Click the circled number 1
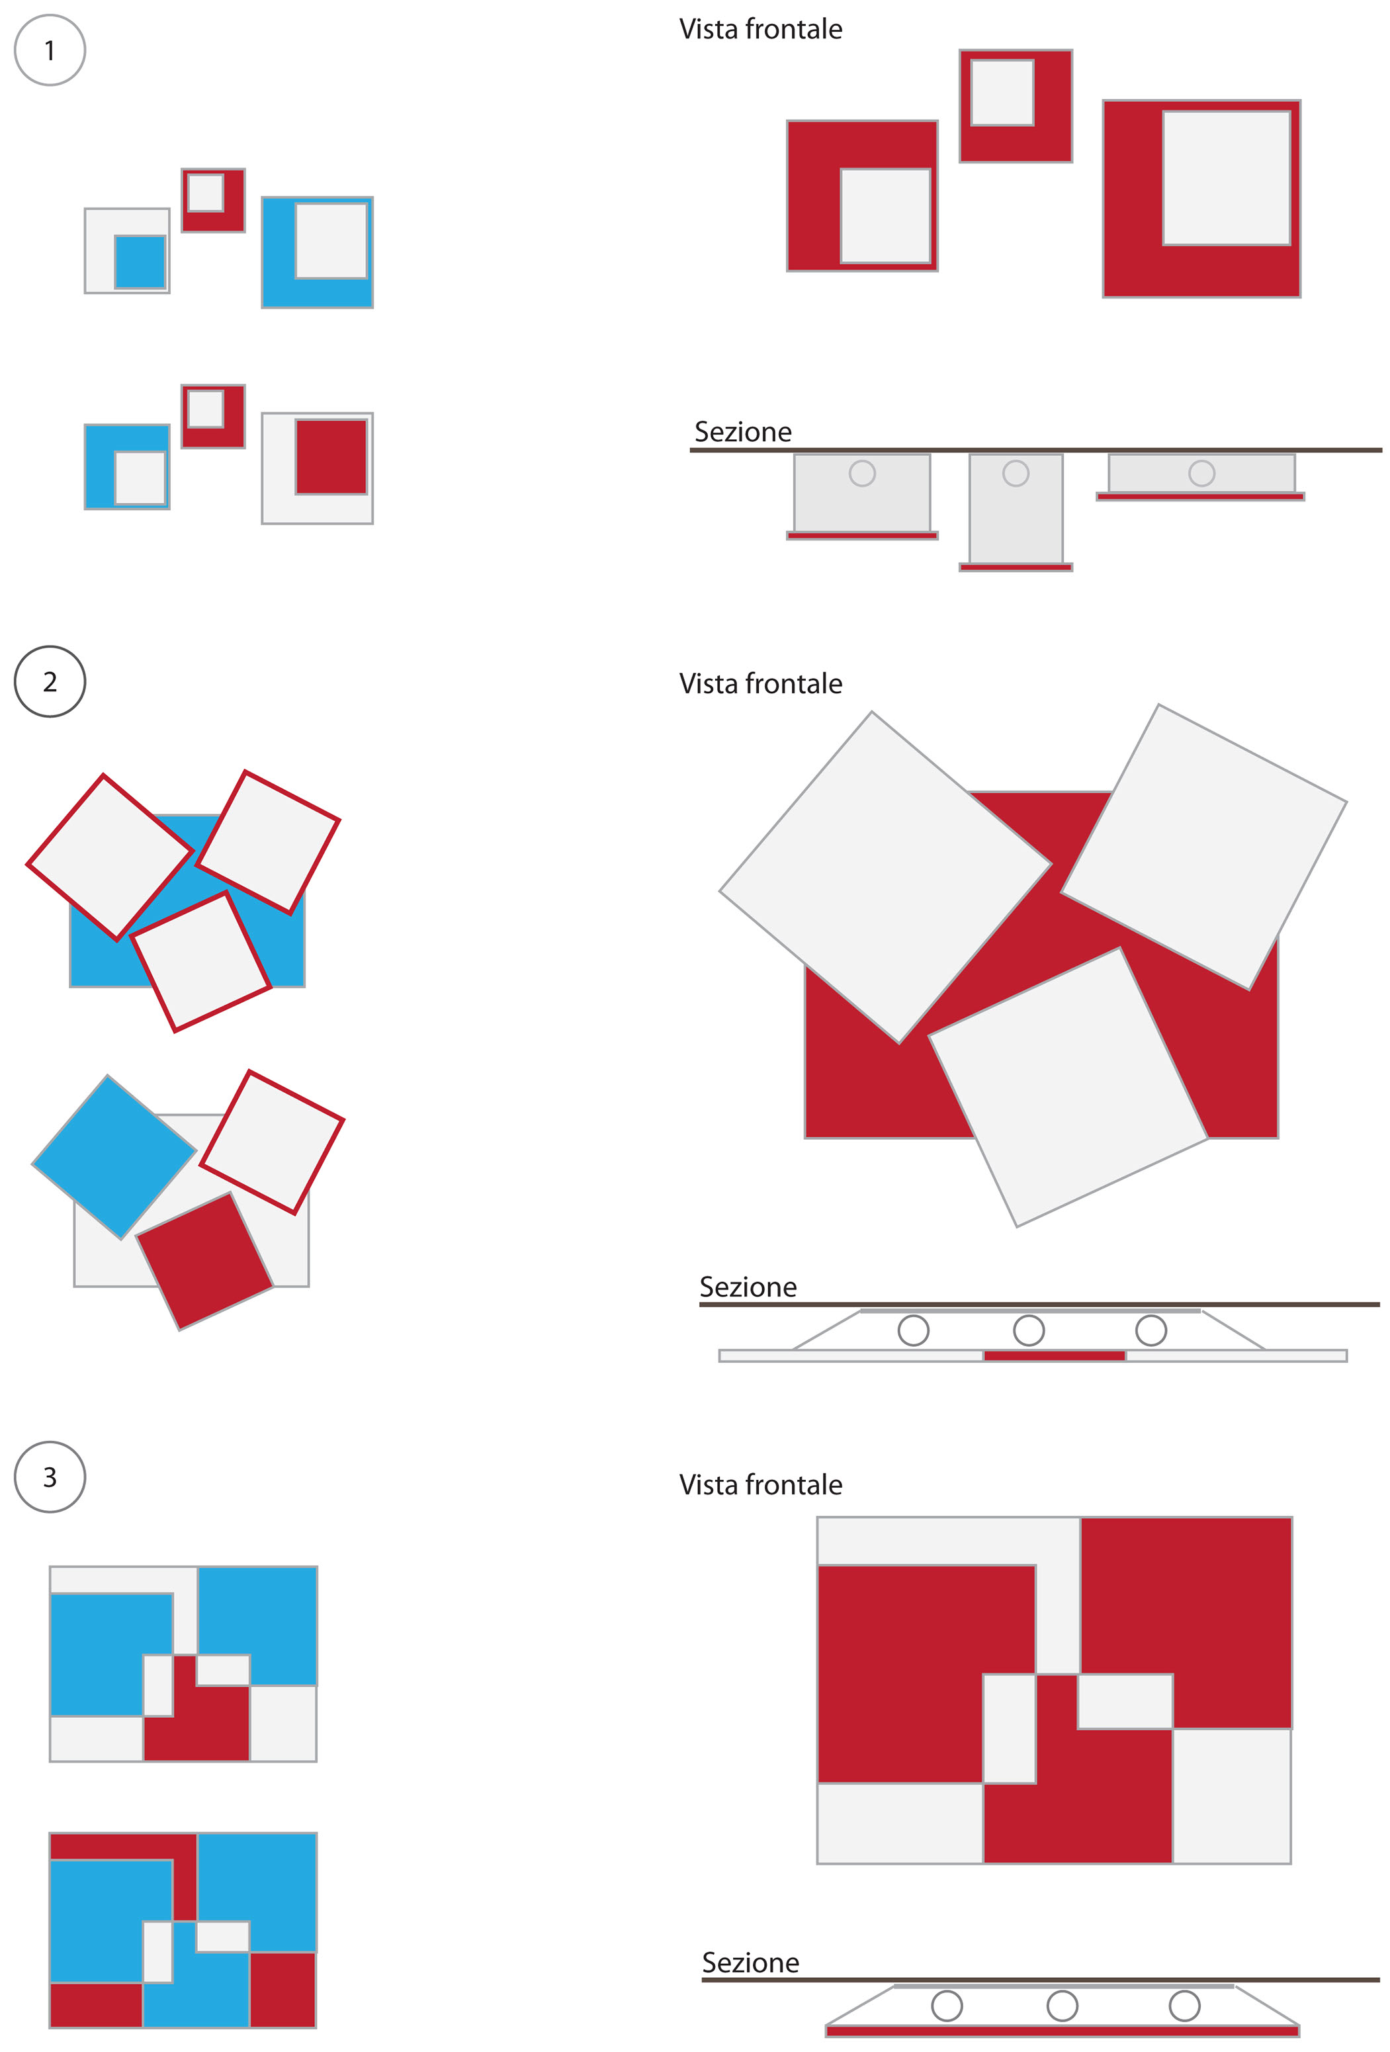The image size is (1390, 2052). click(50, 50)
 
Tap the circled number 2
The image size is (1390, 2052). click(50, 681)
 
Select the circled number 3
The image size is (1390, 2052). click(50, 1477)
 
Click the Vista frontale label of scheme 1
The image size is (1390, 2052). click(760, 29)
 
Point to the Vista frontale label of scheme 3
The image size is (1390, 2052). click(760, 1484)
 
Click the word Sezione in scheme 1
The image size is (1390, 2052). click(743, 432)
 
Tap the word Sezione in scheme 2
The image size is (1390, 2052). click(748, 1287)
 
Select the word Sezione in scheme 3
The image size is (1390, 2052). click(751, 1962)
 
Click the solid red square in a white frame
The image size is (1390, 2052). click(331, 456)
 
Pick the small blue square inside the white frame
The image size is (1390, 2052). click(140, 261)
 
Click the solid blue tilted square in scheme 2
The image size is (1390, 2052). click(114, 1157)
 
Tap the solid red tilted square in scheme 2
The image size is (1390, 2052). click(204, 1261)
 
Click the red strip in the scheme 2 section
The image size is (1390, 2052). click(1055, 1355)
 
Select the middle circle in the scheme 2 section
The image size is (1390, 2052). click(1029, 1330)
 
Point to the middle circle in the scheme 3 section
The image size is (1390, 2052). click(1063, 2005)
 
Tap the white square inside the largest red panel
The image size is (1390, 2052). click(1227, 177)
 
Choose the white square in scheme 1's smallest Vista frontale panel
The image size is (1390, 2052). click(1002, 93)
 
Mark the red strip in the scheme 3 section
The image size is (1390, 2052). click(1063, 2031)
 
